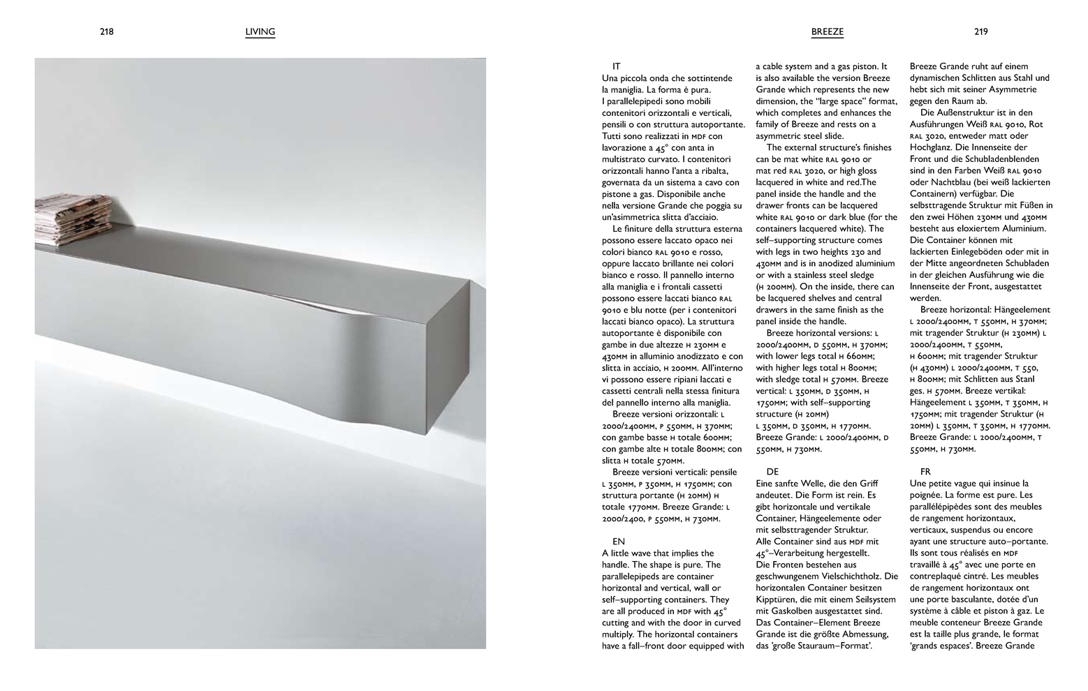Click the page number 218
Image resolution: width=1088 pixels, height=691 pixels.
click(x=106, y=31)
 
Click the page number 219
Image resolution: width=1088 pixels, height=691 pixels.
click(x=980, y=31)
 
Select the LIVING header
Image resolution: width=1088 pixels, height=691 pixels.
click(x=260, y=31)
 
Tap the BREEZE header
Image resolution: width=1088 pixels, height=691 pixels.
click(x=828, y=31)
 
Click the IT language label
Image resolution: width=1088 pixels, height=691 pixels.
click(x=617, y=66)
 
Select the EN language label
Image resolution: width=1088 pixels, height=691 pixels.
click(x=618, y=541)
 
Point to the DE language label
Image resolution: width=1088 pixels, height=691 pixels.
click(x=772, y=471)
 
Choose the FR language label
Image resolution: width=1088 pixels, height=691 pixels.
click(x=925, y=471)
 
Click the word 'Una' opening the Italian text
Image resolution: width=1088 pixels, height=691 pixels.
click(x=610, y=78)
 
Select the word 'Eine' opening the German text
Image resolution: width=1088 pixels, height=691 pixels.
click(x=766, y=483)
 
